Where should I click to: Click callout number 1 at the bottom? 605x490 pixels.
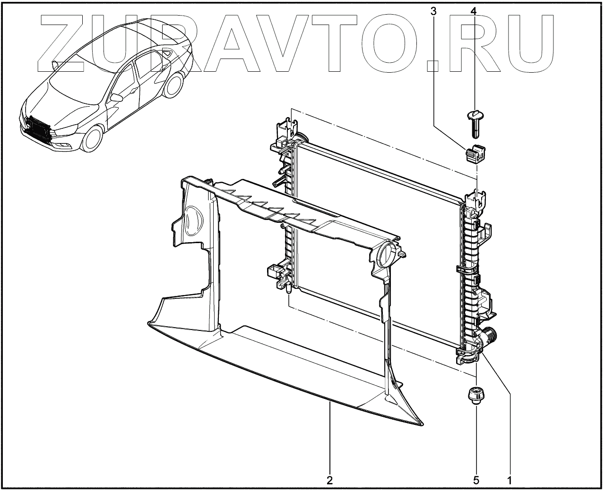point(510,480)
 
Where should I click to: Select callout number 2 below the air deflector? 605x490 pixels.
point(330,480)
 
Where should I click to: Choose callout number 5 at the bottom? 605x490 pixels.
point(476,480)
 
